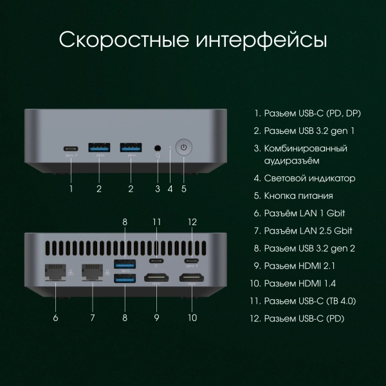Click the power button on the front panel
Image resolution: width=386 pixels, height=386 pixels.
pyautogui.click(x=184, y=147)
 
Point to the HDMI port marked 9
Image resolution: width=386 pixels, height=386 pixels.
pyautogui.click(x=156, y=279)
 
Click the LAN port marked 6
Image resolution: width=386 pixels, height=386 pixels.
pyautogui.click(x=55, y=273)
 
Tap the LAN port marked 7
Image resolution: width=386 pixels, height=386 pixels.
pyautogui.click(x=91, y=273)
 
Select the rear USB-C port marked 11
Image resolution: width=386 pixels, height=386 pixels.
pyautogui.click(x=156, y=261)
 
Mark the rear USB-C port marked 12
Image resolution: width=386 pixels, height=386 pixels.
pyautogui.click(x=192, y=261)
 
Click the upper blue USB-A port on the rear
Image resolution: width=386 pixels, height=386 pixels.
pyautogui.click(x=124, y=262)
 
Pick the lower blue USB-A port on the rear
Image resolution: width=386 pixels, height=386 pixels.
pyautogui.click(x=124, y=278)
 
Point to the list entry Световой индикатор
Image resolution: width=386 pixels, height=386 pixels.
pyautogui.click(x=309, y=178)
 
